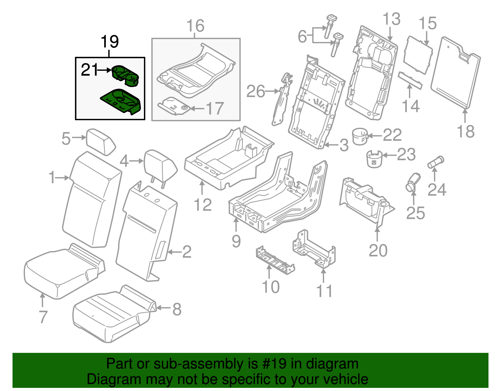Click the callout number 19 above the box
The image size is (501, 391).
(x=110, y=42)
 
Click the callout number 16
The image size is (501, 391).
(x=195, y=26)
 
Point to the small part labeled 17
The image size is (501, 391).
(x=174, y=106)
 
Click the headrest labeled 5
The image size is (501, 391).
(x=101, y=141)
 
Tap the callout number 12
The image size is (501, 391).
(x=203, y=205)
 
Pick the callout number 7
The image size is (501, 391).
(x=43, y=317)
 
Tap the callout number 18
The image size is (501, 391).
(x=466, y=132)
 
